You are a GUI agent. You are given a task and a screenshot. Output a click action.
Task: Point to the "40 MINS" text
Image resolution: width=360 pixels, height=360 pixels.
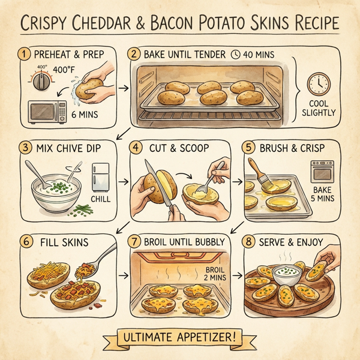click(257, 55)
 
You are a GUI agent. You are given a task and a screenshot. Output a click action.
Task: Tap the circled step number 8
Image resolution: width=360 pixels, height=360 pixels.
click(252, 242)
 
